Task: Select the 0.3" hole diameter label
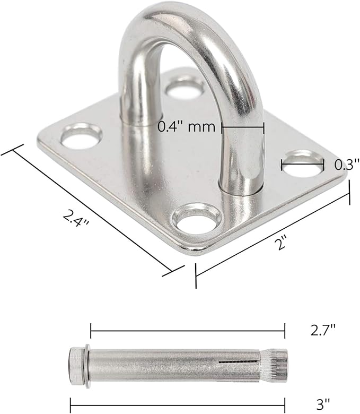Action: [x=347, y=165]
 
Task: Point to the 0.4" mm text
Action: [x=187, y=127]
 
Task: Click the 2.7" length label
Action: [x=323, y=330]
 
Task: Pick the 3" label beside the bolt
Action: [x=323, y=404]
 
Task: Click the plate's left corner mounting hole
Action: [x=82, y=136]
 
